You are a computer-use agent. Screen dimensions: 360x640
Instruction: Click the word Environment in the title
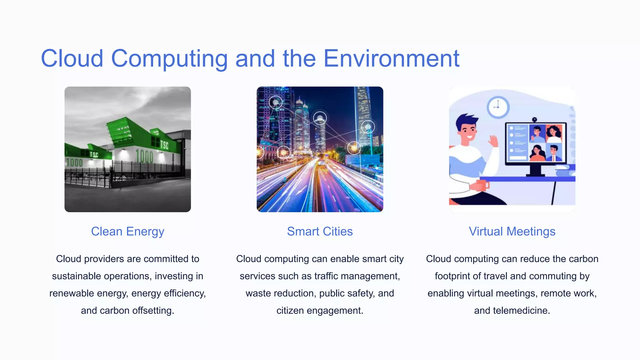pos(391,58)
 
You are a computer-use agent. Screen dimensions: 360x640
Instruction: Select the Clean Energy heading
pos(127,232)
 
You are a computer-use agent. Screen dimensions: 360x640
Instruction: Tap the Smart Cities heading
pos(320,232)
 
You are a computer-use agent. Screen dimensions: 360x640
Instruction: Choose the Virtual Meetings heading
pos(512,232)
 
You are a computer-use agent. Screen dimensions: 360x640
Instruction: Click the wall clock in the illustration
pos(498,107)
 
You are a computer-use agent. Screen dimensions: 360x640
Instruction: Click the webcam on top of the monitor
pos(535,120)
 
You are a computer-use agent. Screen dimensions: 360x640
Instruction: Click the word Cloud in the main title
pos(72,58)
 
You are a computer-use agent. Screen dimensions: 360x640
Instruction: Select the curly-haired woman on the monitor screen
pos(554,133)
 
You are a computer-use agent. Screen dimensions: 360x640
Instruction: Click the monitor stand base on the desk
pos(535,174)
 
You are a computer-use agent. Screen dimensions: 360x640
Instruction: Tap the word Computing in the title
pos(169,58)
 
